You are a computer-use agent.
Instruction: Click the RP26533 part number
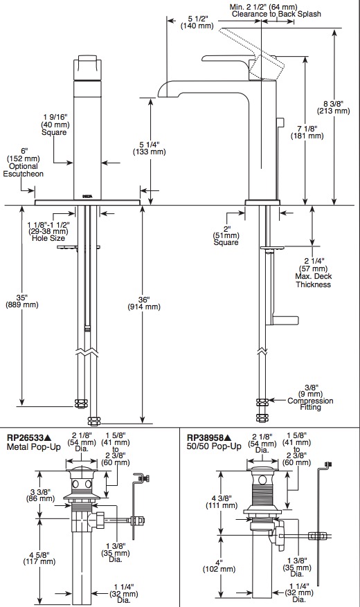25,438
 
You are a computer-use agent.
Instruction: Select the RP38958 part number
206,438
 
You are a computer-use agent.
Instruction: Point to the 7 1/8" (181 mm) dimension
307,132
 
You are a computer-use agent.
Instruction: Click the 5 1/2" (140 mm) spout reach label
198,21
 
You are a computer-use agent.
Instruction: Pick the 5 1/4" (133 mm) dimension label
149,148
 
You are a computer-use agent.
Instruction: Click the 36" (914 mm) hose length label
143,303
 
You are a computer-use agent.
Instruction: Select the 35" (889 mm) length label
22,301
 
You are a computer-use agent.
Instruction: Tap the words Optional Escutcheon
24,170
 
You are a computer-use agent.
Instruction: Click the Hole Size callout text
48,239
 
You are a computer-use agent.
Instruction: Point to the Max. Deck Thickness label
313,280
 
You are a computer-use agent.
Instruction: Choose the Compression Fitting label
310,404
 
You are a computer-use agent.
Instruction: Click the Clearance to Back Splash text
276,14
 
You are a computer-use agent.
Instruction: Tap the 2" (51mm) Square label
226,235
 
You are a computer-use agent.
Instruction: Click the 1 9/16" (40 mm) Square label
55,125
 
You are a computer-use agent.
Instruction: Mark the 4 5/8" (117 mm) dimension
39,557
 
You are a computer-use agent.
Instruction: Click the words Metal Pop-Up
34,446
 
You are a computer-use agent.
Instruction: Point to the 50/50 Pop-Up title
214,446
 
